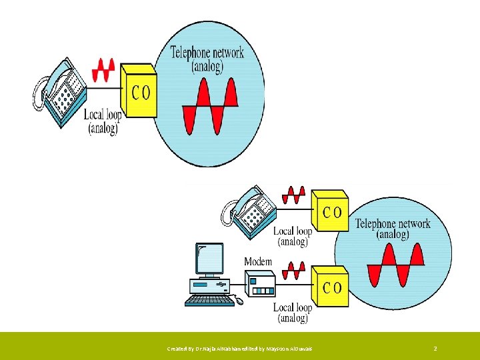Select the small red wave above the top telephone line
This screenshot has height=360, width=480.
[x=104, y=68]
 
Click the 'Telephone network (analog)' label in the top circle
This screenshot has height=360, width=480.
[x=207, y=58]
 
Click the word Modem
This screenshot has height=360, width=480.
[x=258, y=261]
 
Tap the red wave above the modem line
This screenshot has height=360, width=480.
[x=293, y=270]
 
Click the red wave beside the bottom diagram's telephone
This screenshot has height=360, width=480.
[x=294, y=195]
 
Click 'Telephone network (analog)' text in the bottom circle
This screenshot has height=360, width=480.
[x=393, y=229]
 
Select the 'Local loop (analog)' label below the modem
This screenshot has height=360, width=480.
[x=293, y=313]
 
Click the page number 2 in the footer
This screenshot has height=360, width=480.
[x=435, y=349]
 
